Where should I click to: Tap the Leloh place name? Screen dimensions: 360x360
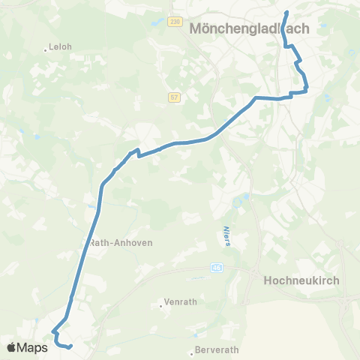(59, 46)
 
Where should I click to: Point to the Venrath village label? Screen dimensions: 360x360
(179, 302)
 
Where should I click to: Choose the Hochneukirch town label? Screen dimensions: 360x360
(302, 280)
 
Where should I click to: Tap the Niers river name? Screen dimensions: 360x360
(226, 234)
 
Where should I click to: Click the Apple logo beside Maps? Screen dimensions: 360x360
(11, 347)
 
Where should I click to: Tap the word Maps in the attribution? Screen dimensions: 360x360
(32, 347)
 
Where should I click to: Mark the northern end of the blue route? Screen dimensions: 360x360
(286, 11)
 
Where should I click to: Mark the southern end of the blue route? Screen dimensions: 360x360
(69, 346)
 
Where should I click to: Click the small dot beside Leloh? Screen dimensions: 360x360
(45, 51)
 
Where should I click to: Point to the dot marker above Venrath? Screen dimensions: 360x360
(161, 305)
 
